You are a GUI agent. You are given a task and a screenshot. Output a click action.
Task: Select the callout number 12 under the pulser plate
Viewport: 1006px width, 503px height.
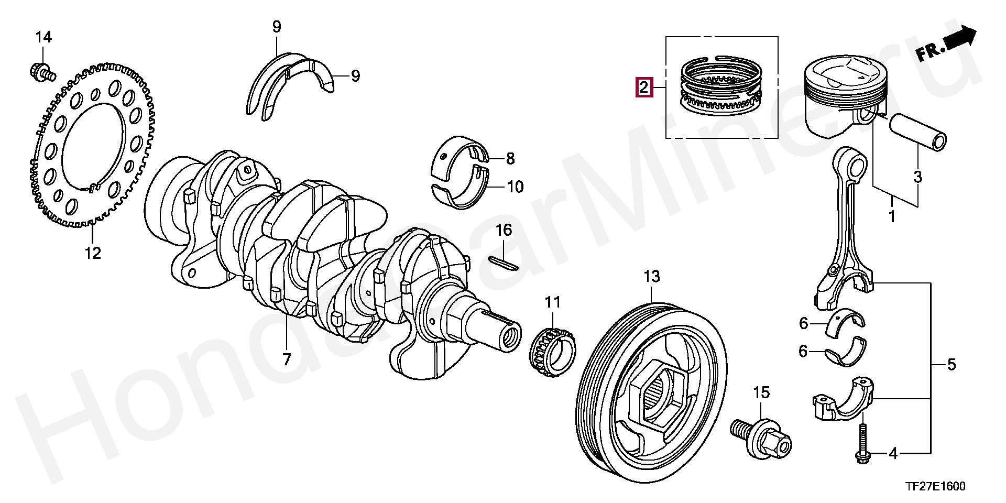[x=93, y=253]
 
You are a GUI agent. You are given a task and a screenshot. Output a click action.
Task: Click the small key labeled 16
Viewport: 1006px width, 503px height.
[x=504, y=263]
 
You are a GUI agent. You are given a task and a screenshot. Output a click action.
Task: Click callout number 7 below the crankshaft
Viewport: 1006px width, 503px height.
[x=287, y=359]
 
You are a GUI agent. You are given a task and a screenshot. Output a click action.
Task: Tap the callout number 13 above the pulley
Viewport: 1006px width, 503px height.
[x=652, y=276]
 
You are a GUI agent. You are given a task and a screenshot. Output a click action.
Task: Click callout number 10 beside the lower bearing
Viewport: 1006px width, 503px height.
[x=516, y=187]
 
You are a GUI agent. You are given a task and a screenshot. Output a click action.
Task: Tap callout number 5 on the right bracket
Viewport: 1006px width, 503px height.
[x=952, y=364]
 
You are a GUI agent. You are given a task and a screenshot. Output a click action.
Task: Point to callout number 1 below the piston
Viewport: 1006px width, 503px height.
[x=892, y=216]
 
